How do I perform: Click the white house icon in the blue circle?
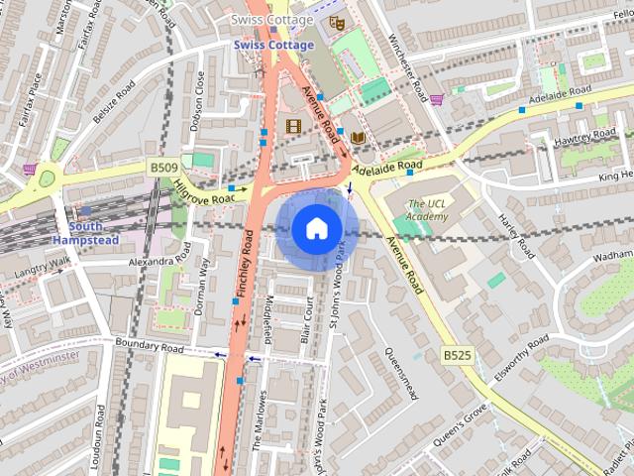click(315, 229)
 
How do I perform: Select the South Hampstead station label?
click(87, 233)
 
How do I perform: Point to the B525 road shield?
click(457, 354)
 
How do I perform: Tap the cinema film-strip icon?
click(293, 126)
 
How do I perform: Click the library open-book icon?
click(358, 136)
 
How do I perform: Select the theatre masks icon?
click(336, 19)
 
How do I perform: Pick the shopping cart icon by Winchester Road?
click(435, 99)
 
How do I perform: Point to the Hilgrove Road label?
click(204, 191)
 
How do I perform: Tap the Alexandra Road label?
click(158, 262)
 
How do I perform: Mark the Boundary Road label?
click(149, 348)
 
